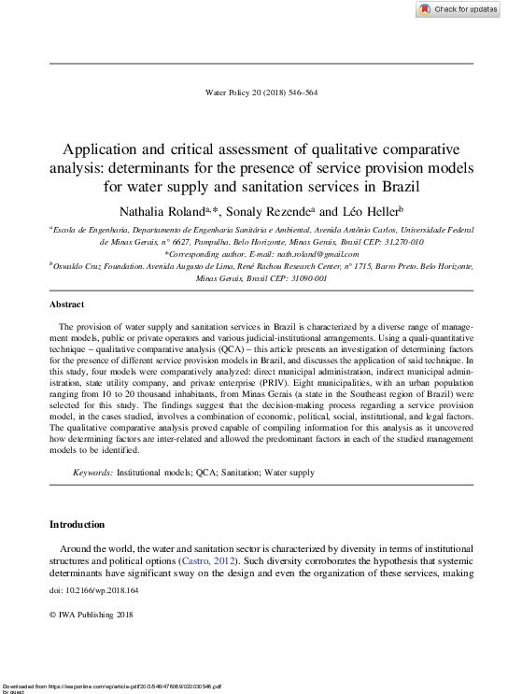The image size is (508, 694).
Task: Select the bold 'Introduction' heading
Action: (78, 524)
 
